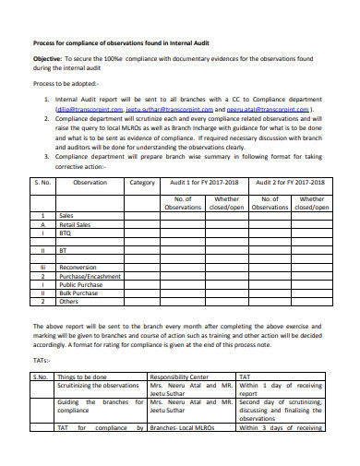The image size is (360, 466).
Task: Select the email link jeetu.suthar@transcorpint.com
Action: pos(167,107)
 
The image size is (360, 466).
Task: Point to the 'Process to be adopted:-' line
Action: pos(67,82)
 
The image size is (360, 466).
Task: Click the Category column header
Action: pos(142,183)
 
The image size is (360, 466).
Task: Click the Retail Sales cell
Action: pos(75,224)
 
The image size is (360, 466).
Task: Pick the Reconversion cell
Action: pos(79,267)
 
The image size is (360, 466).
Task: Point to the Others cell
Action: pos(68,301)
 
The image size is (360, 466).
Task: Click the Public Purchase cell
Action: pos(79,284)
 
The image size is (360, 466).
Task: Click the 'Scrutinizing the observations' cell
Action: pos(97,386)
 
